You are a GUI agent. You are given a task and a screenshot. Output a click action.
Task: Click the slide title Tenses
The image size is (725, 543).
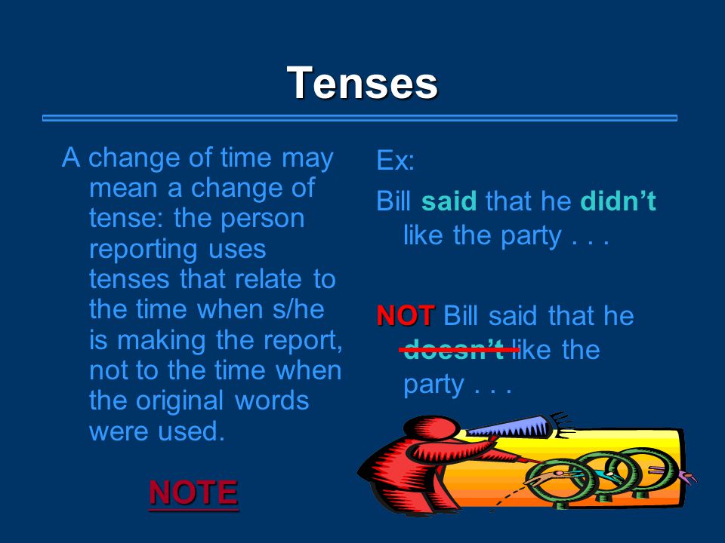pyautogui.click(x=362, y=83)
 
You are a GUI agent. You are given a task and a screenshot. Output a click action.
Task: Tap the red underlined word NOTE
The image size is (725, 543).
pyautogui.click(x=193, y=492)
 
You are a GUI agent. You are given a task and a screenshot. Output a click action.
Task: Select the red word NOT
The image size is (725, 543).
pyautogui.click(x=406, y=316)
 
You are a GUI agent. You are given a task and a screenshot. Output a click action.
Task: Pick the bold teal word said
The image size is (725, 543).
pyautogui.click(x=449, y=201)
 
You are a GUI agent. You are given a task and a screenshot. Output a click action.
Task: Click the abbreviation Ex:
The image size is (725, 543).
pyautogui.click(x=395, y=161)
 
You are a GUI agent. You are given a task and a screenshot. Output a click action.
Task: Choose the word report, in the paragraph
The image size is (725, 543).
pyautogui.click(x=303, y=341)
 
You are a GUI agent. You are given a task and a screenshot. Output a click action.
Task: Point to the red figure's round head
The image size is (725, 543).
pyautogui.click(x=431, y=428)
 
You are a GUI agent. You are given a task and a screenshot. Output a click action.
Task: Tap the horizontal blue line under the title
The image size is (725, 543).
pyautogui.click(x=359, y=118)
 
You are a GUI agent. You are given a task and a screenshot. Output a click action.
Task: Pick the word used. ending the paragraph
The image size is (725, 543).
pyautogui.click(x=191, y=431)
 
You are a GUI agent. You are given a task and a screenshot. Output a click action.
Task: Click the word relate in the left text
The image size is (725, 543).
pyautogui.click(x=267, y=279)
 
